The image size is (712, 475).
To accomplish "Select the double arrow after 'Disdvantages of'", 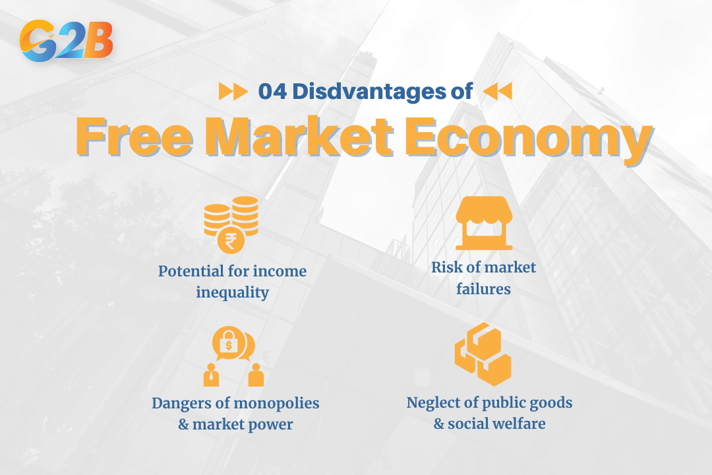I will (x=497, y=92).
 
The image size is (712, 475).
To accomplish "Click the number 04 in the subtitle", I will (x=273, y=92).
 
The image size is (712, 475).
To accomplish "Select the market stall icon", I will (x=485, y=222).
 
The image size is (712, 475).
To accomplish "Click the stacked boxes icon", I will (x=483, y=354).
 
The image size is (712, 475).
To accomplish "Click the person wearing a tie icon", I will (x=211, y=375).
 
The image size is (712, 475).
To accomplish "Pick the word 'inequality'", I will (x=232, y=292).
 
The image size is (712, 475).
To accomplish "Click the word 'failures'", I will (x=483, y=288).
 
